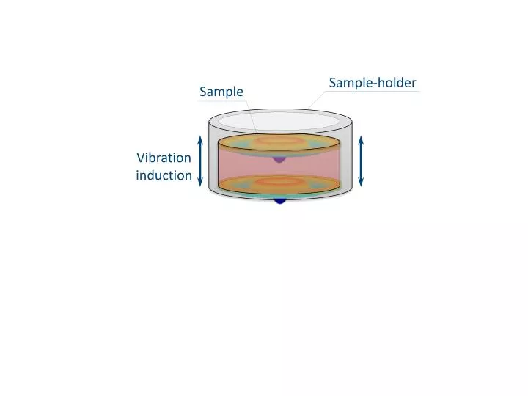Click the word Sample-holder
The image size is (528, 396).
(x=373, y=82)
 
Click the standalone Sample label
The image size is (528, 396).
(x=221, y=92)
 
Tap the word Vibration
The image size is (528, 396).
(x=164, y=158)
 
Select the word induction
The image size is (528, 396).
(x=164, y=175)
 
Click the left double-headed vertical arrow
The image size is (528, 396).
(x=200, y=161)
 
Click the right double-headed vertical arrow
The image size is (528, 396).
(x=361, y=161)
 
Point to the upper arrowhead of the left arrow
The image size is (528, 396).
(x=200, y=140)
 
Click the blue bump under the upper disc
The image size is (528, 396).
(x=279, y=158)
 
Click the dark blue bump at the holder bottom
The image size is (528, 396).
(x=279, y=199)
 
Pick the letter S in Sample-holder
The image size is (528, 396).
(x=332, y=82)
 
